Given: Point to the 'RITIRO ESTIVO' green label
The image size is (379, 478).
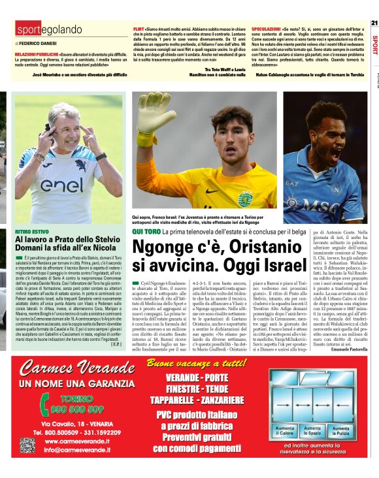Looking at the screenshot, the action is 32,232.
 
